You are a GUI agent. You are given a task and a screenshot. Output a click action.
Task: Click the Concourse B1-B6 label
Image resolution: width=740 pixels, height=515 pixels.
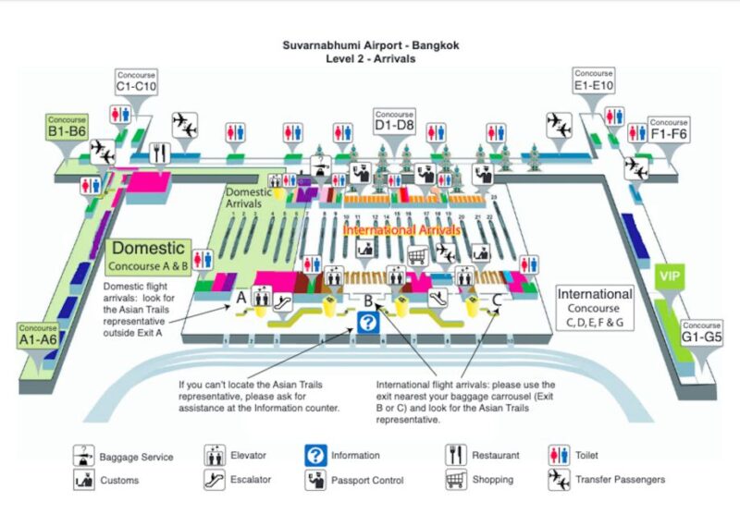(x=67, y=127)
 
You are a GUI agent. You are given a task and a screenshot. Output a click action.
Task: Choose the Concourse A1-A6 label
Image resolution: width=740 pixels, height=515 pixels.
(x=39, y=334)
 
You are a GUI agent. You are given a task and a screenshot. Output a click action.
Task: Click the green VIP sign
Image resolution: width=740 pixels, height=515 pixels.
(x=669, y=276)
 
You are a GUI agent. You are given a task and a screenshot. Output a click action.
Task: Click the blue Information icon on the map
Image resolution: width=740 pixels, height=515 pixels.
(x=367, y=323)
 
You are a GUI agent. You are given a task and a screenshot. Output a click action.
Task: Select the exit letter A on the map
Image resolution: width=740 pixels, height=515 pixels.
(x=240, y=298)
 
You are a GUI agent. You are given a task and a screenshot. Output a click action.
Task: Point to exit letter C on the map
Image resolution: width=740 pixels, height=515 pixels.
(x=497, y=299)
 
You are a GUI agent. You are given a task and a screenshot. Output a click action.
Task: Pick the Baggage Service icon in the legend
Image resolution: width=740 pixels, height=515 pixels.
(x=84, y=455)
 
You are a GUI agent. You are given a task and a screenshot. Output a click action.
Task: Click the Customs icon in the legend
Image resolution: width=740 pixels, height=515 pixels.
(x=84, y=480)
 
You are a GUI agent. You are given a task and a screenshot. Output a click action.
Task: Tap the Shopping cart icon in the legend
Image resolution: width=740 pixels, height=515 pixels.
(x=455, y=480)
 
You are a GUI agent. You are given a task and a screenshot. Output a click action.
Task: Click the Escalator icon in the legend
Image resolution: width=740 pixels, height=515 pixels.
(x=215, y=480)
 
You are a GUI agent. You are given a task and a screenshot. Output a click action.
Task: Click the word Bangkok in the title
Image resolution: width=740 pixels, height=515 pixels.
(x=435, y=44)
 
